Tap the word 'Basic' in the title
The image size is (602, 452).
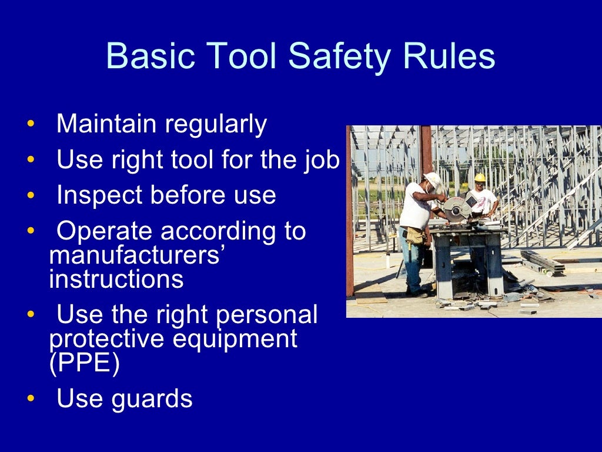[145, 57]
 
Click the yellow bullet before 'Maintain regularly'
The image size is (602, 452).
[31, 125]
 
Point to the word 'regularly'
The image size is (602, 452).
[216, 125]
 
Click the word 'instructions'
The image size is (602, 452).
[116, 279]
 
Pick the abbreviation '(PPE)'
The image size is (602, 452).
[85, 364]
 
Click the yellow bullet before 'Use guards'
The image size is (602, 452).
[31, 399]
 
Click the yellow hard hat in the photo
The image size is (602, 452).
[480, 177]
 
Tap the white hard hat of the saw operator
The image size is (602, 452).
[433, 178]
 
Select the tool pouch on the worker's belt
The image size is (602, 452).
[415, 235]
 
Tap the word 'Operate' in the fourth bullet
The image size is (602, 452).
[104, 231]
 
